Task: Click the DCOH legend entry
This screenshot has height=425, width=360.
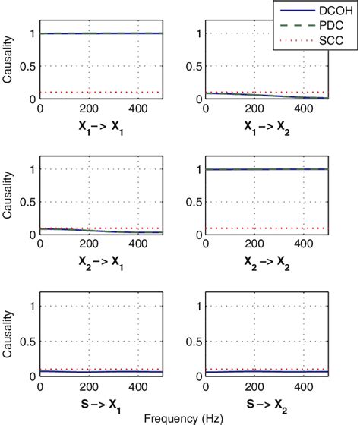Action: pos(327,11)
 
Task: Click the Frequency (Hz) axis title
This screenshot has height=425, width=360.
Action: pos(180,417)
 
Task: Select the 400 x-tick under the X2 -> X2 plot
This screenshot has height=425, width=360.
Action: pos(304,244)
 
